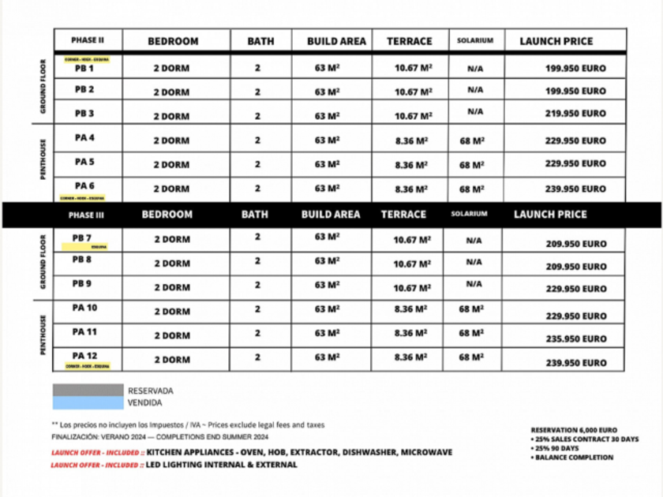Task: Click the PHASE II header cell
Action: click(x=87, y=40)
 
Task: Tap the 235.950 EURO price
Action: click(x=575, y=339)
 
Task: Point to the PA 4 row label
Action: click(x=84, y=138)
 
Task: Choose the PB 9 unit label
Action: click(x=83, y=283)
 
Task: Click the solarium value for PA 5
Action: click(x=471, y=165)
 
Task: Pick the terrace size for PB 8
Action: click(x=413, y=264)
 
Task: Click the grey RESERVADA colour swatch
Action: click(x=88, y=390)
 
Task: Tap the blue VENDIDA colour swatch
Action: click(x=88, y=402)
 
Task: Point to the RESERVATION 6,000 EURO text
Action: click(x=568, y=430)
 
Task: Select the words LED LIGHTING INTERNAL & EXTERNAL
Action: click(x=222, y=465)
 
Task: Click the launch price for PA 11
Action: click(x=575, y=339)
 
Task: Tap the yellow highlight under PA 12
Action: click(x=88, y=367)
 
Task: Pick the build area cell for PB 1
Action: click(x=328, y=69)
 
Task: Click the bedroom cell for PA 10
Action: click(x=171, y=312)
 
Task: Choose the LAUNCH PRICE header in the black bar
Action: click(x=550, y=215)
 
